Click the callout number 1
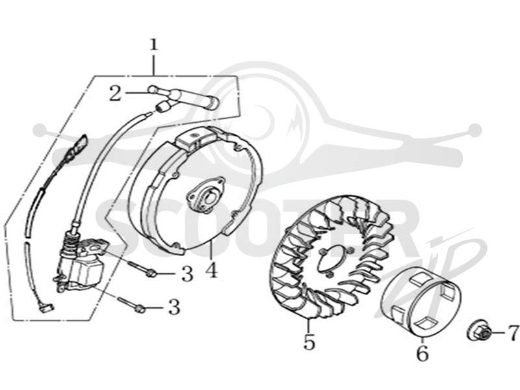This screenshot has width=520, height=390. pyautogui.click(x=153, y=45)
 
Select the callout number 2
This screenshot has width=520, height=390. pyautogui.click(x=115, y=93)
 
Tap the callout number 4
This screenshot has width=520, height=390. pyautogui.click(x=212, y=270)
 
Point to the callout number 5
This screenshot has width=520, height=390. pyautogui.click(x=309, y=343)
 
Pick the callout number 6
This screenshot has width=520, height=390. pyautogui.click(x=422, y=354)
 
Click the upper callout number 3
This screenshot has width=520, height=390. pyautogui.click(x=187, y=274)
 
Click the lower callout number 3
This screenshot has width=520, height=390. pyautogui.click(x=174, y=307)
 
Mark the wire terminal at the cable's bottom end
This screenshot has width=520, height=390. pyautogui.click(x=46, y=308)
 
